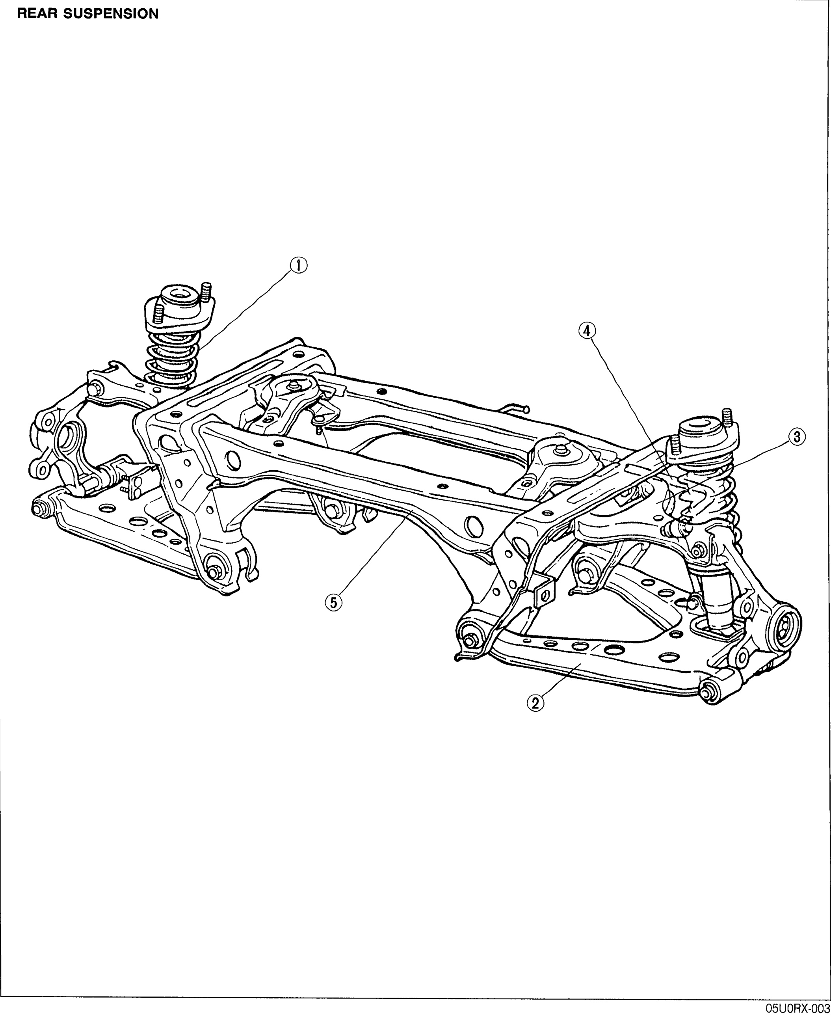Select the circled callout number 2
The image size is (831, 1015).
[x=535, y=702]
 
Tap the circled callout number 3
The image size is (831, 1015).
[x=797, y=437]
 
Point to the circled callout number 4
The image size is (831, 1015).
[x=587, y=330]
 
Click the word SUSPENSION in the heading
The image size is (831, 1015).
[x=111, y=14]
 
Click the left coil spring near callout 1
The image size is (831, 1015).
[x=170, y=359]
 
